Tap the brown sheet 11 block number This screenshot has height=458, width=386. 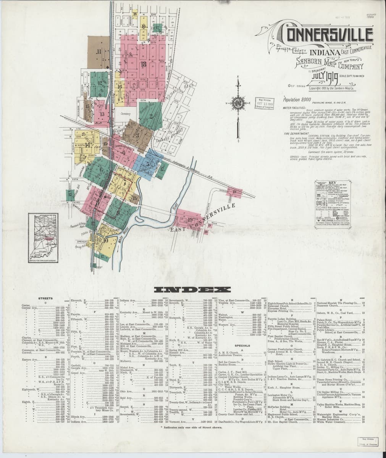[99, 52]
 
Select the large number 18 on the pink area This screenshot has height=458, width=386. [144, 64]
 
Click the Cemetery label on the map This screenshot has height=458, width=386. [126, 114]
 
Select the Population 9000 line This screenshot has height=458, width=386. [295, 99]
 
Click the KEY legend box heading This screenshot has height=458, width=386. [333, 183]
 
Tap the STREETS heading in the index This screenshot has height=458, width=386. [45, 298]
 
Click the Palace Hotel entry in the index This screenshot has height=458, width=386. [325, 319]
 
